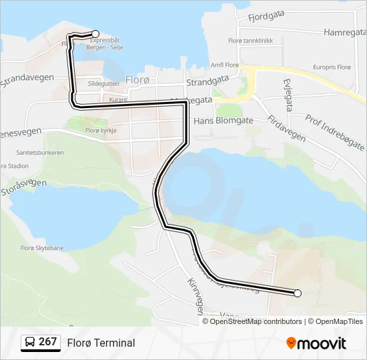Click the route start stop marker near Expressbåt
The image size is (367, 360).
95,34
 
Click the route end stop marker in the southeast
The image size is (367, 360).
298,293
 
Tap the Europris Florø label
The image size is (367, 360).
332,67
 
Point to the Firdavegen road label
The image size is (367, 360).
286,127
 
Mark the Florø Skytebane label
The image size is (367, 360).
41,248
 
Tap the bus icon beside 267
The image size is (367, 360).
29,343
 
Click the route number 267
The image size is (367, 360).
47,342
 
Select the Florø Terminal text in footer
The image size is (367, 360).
101,343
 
